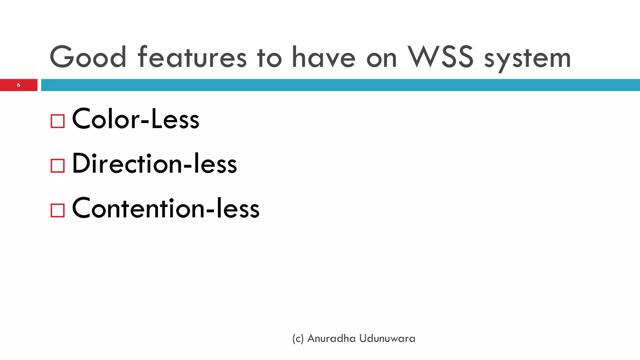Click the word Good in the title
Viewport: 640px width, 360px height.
[x=88, y=57]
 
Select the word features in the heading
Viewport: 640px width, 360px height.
[x=192, y=57]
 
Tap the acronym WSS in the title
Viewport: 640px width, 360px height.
[x=441, y=57]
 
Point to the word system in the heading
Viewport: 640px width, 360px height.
[x=527, y=59]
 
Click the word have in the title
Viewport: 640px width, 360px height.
[x=323, y=57]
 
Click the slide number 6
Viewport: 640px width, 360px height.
[x=18, y=85]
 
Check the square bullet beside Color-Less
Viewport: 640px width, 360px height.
[x=57, y=121]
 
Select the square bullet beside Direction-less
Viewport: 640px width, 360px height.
[x=57, y=166]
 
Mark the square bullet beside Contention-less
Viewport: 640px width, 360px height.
[x=57, y=210]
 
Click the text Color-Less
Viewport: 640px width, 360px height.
[x=136, y=119]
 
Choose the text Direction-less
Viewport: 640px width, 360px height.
[x=154, y=163]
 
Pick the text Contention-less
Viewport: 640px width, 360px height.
[x=166, y=208]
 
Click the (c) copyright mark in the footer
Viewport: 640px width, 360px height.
[x=298, y=339]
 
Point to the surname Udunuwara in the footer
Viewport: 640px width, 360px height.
[x=387, y=338]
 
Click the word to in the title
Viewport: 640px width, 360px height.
[x=269, y=57]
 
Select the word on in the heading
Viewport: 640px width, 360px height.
[x=381, y=59]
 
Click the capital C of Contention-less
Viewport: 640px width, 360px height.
[x=82, y=208]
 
